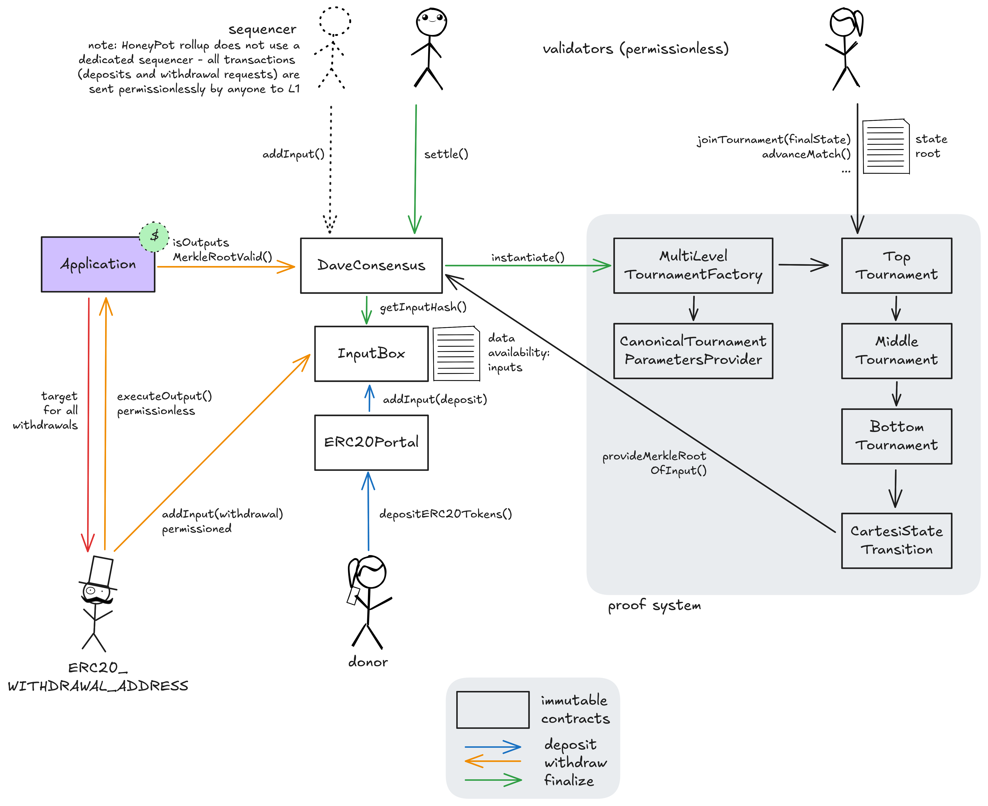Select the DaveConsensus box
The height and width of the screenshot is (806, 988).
point(371,266)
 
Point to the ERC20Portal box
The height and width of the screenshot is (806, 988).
point(371,442)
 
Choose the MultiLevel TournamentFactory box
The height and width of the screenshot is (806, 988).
point(693,266)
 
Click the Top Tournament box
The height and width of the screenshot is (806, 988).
point(896,266)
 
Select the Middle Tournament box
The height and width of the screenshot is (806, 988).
point(896,350)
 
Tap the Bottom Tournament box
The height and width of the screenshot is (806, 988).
point(896,436)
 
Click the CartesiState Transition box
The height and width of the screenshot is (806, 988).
point(896,540)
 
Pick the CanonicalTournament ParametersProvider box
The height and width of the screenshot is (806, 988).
point(693,350)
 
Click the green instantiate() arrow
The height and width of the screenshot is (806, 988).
point(525,266)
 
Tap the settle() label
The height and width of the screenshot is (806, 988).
point(446,154)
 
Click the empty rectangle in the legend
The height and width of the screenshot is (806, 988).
point(493,709)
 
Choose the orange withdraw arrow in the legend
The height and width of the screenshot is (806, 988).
point(493,761)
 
